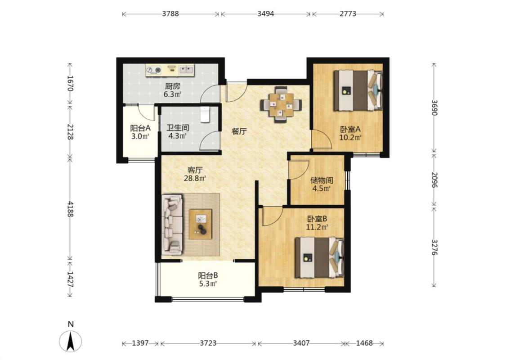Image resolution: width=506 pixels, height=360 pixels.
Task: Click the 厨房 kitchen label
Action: point(172,86)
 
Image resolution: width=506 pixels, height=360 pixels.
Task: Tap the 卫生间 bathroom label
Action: point(178,128)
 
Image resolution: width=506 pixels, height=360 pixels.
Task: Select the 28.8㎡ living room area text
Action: point(195,178)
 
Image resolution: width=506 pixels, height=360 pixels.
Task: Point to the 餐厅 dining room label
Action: point(239,131)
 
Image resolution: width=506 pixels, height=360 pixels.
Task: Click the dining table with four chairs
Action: point(281,104)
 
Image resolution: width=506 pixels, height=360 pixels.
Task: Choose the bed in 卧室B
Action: point(319,257)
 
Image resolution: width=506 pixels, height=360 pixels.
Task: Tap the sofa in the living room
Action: point(172,224)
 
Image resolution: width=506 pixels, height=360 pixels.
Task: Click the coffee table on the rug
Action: point(201,224)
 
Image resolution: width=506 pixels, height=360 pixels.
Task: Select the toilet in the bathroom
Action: point(205,115)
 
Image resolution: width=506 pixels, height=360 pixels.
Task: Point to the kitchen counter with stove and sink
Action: point(170,70)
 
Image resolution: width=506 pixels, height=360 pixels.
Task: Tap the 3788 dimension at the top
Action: point(170,14)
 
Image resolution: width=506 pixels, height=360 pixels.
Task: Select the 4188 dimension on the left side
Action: point(70,208)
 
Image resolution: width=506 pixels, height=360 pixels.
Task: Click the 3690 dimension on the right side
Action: point(434,108)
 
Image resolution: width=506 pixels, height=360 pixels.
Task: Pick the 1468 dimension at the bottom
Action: point(364,343)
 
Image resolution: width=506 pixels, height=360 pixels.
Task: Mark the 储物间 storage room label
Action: point(322,180)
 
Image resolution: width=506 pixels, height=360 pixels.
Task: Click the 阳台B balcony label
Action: point(208,276)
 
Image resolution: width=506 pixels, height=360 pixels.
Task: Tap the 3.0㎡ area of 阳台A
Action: point(140,136)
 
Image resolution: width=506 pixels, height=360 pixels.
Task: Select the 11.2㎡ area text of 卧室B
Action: point(317,227)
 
